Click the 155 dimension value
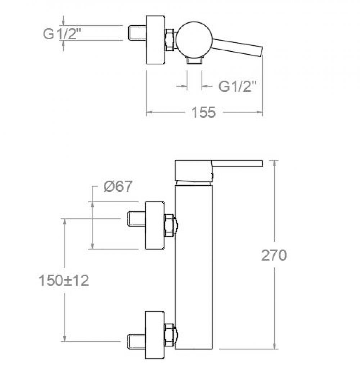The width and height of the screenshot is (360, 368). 203,112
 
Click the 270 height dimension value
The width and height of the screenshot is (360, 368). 274,255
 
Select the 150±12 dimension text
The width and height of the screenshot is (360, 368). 64,281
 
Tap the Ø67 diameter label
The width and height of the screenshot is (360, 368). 118,187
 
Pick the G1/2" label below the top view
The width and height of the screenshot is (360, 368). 237,86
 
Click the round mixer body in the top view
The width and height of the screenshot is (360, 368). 194,40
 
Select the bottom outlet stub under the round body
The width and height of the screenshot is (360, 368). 194,61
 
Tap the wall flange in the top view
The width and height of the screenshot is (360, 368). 155,40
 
